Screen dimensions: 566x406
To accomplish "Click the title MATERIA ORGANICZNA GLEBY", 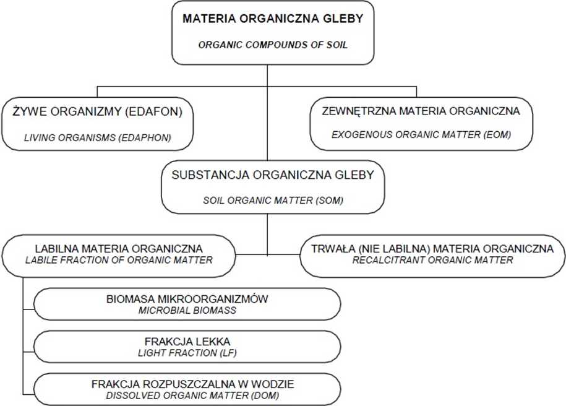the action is pos(273,19).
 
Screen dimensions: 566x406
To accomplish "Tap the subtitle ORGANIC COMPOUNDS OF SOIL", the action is pos(273,45).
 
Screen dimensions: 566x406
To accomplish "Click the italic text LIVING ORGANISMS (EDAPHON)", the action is pos(98,137).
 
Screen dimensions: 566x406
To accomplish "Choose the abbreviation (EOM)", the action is pos(497,135).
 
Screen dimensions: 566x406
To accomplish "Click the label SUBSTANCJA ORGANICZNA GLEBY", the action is pos(273,175).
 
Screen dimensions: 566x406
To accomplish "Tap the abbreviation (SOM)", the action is pos(329,201).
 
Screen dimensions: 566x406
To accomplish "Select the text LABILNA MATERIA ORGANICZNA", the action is pos(119,249).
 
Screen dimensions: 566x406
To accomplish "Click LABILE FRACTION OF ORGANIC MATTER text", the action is pos(119,260).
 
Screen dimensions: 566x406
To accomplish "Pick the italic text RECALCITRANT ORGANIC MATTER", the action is pos(432,260).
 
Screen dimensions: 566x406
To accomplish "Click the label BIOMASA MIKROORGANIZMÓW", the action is pos(187,299).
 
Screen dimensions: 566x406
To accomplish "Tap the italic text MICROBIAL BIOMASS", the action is pos(187,310).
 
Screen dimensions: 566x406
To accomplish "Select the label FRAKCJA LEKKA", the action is pos(187,342).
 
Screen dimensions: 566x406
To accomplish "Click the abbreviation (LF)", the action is pos(228,353).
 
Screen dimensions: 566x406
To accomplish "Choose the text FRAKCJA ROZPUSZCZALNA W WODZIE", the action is pos(193,384).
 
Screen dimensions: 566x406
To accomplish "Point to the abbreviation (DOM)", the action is pos(265,395).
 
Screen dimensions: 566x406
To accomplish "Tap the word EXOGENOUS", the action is pos(362,135).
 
